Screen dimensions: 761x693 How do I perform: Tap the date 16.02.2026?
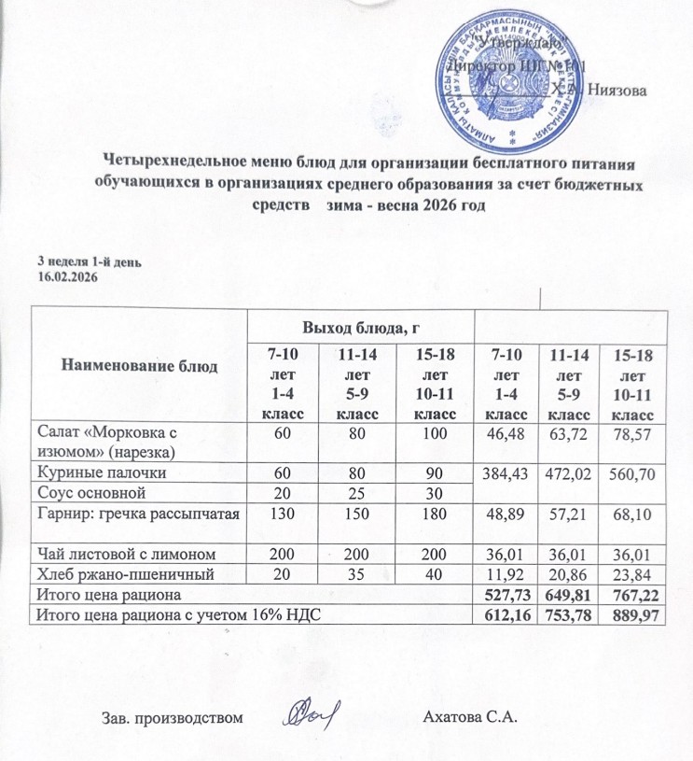pyautogui.click(x=67, y=277)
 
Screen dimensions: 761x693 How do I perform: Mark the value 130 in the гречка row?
pyautogui.click(x=283, y=512)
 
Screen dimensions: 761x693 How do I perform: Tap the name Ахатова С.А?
pyautogui.click(x=469, y=718)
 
